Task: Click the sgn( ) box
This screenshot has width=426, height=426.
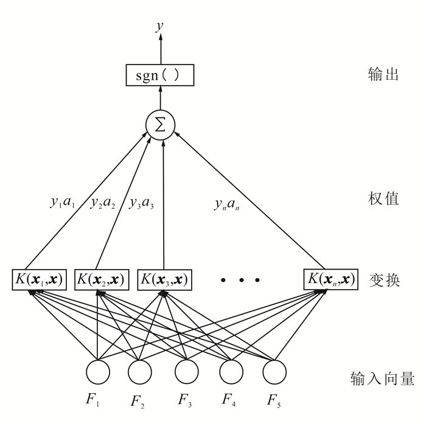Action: [x=161, y=75]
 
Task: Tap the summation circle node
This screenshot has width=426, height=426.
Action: [x=161, y=125]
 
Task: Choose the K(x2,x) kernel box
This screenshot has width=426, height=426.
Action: [x=100, y=279]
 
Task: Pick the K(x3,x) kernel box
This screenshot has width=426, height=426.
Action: [x=164, y=279]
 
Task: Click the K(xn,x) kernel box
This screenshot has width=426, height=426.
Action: [x=330, y=279]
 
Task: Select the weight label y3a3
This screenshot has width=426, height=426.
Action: [x=141, y=204]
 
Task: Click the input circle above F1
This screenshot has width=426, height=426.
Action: [x=97, y=372]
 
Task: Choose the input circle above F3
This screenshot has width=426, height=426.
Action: [x=187, y=372]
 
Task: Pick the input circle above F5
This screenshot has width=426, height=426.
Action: [x=274, y=372]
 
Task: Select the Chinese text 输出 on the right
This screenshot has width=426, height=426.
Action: [x=383, y=75]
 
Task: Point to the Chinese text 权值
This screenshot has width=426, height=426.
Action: [x=383, y=198]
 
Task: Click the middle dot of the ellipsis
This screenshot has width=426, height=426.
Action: [x=240, y=281]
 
